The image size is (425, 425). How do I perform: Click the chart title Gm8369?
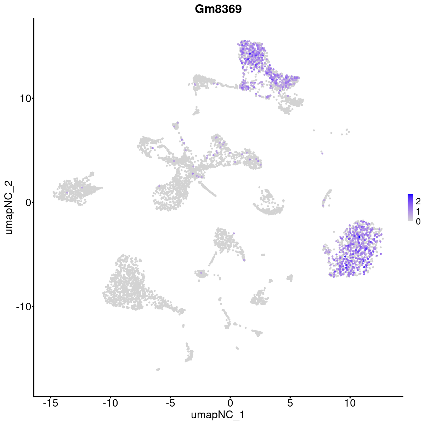tap(218, 9)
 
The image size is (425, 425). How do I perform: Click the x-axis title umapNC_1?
tap(218, 415)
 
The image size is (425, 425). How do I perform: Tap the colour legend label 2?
tap(418, 202)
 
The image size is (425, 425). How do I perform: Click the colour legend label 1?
tap(418, 211)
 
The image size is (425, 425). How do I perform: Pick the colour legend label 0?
tap(418, 221)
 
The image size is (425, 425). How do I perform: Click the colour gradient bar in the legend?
tap(410, 208)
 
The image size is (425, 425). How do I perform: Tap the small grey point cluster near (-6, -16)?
tap(158, 369)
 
